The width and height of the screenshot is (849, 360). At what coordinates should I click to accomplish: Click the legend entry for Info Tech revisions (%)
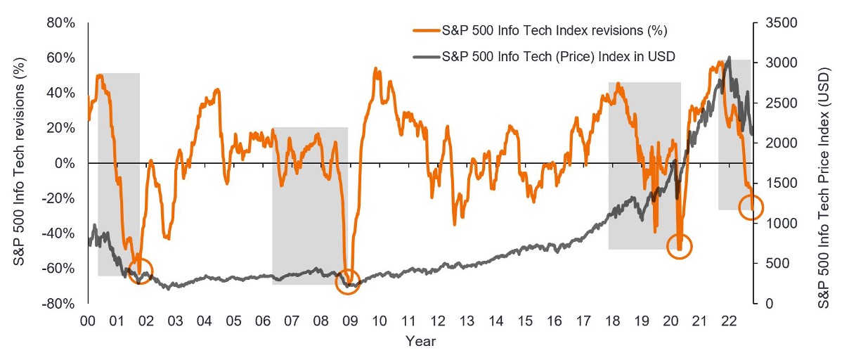(x=540, y=30)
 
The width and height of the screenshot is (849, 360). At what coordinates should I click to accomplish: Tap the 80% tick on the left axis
(x=61, y=22)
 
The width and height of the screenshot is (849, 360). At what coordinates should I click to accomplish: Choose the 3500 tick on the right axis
(x=774, y=22)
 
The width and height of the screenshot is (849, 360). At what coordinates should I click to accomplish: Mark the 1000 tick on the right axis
(x=774, y=224)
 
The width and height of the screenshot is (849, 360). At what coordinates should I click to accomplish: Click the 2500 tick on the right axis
(x=774, y=103)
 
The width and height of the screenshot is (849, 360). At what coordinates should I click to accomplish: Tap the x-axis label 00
(x=88, y=321)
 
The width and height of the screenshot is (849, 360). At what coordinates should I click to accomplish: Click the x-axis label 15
(x=525, y=321)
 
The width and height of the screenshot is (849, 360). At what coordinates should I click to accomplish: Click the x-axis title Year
(x=420, y=342)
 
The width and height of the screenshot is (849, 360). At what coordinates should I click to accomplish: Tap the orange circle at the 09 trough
(x=348, y=281)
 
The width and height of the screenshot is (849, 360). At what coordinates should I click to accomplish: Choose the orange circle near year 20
(x=680, y=246)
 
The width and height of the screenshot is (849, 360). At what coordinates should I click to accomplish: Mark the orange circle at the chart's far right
(x=751, y=207)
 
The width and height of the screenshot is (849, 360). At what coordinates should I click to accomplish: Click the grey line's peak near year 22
(x=729, y=57)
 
